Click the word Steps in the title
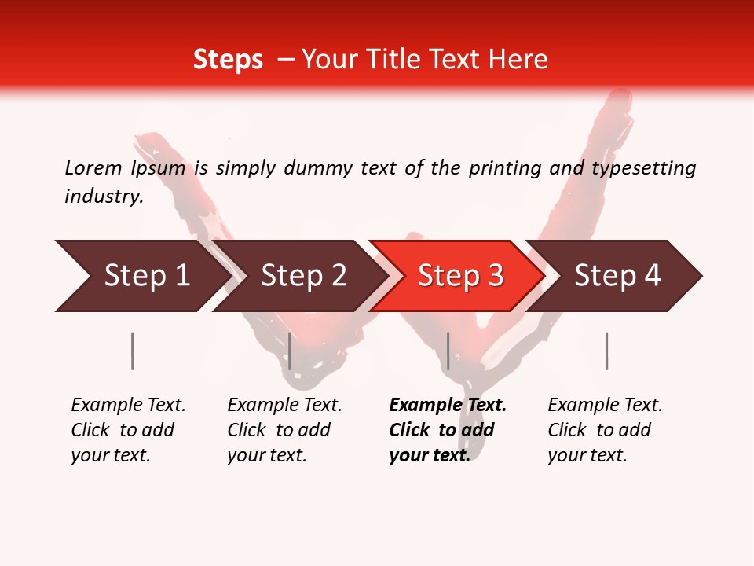coord(228,60)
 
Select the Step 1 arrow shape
coord(141,276)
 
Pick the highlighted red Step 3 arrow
coord(456,276)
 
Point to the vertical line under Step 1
coord(133,351)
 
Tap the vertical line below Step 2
coord(290,351)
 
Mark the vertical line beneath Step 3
coord(448,351)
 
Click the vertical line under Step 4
coord(606,351)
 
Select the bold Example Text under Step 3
coord(448,406)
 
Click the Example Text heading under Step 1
coord(128,406)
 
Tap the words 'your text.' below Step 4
coord(587,455)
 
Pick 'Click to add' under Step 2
coord(279,430)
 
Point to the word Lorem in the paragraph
coord(93,167)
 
